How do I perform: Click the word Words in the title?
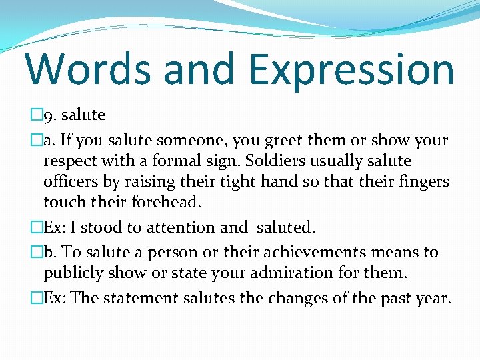tap(85, 69)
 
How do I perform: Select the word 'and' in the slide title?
tap(199, 69)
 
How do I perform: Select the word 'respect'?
tap(68, 162)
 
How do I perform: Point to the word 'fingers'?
tap(424, 181)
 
